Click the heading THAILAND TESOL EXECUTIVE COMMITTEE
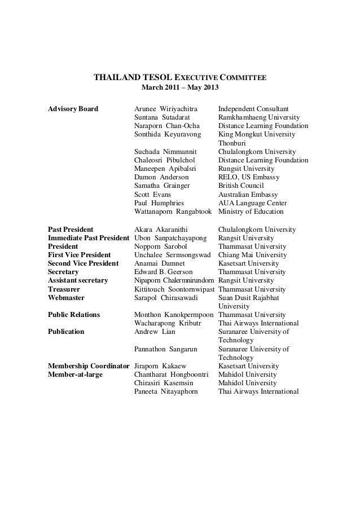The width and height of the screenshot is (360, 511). pos(179,77)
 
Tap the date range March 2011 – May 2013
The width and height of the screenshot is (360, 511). pos(179,89)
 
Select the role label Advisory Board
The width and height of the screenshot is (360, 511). pos(73,109)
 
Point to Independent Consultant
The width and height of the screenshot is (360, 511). pos(253,109)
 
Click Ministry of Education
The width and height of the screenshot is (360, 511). pos(251,212)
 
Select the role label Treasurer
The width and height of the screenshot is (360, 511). pos(64,289)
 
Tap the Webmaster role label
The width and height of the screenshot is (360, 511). pos(65,297)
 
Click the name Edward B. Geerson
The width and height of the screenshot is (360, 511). pos(165,272)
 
